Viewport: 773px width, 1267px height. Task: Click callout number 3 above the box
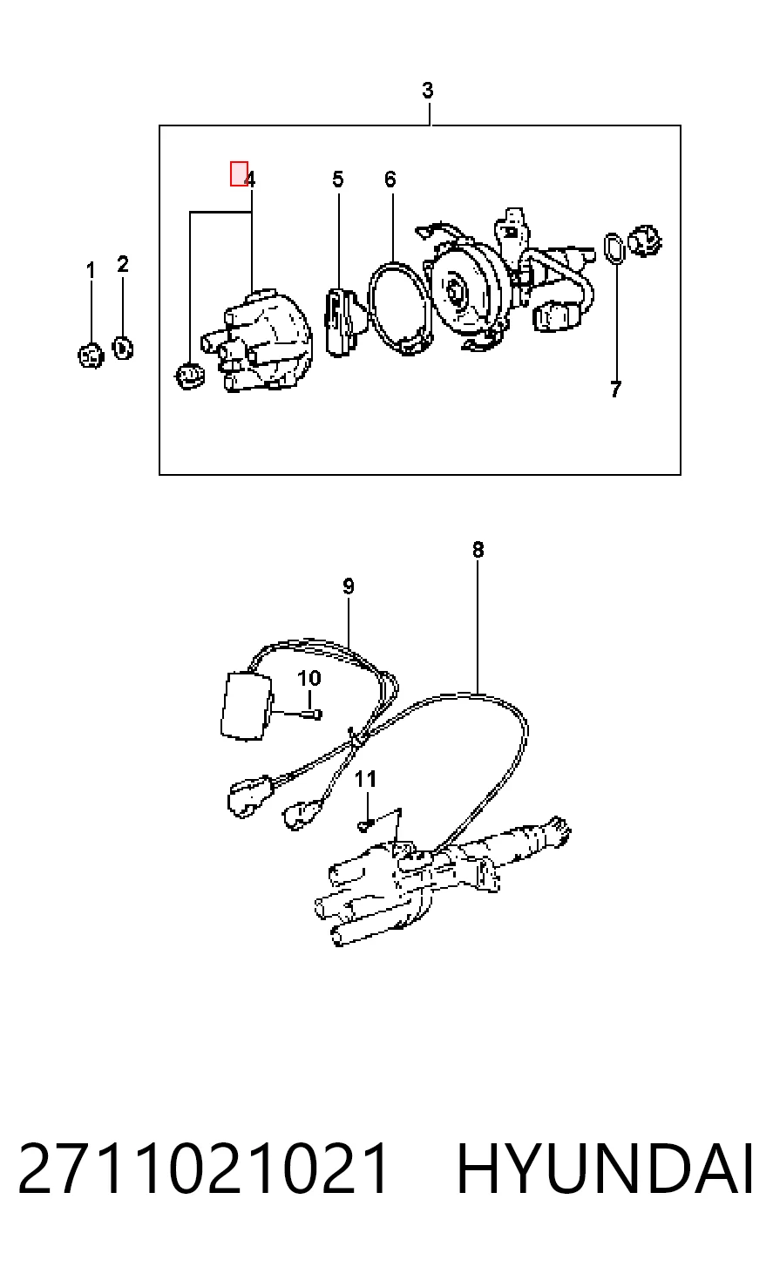click(428, 91)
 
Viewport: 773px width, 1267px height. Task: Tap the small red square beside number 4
click(239, 173)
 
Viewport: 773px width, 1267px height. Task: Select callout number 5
click(338, 180)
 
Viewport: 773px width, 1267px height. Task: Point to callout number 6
click(390, 180)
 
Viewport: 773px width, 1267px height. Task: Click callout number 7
click(616, 390)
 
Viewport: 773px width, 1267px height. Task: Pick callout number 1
click(91, 270)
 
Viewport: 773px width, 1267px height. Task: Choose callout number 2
click(123, 264)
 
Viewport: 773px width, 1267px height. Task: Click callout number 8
click(478, 550)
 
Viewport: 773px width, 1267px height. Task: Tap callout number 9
click(349, 586)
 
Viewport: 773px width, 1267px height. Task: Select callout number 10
click(309, 678)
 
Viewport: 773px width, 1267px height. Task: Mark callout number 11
click(365, 779)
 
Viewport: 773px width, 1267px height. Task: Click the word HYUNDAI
click(605, 1169)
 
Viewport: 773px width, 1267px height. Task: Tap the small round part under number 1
click(91, 356)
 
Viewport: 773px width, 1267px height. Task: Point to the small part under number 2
click(123, 348)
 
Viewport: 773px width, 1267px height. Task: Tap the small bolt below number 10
click(310, 715)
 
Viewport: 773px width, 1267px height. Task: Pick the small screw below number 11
click(364, 826)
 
